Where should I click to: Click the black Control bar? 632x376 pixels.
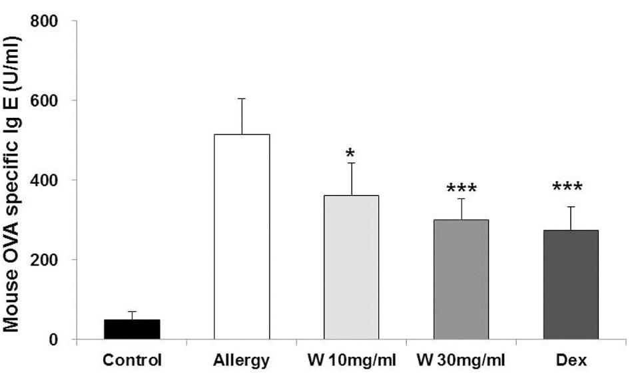132,329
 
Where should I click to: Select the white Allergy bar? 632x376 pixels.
242,237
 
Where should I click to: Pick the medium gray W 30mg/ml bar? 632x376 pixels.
461,280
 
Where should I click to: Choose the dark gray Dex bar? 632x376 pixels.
571,285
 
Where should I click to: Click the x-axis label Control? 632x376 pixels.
132,361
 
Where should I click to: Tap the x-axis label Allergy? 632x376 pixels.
242,361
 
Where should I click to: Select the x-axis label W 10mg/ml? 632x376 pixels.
351,361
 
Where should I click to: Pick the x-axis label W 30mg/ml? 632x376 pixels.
461,361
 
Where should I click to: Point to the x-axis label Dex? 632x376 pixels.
571,361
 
